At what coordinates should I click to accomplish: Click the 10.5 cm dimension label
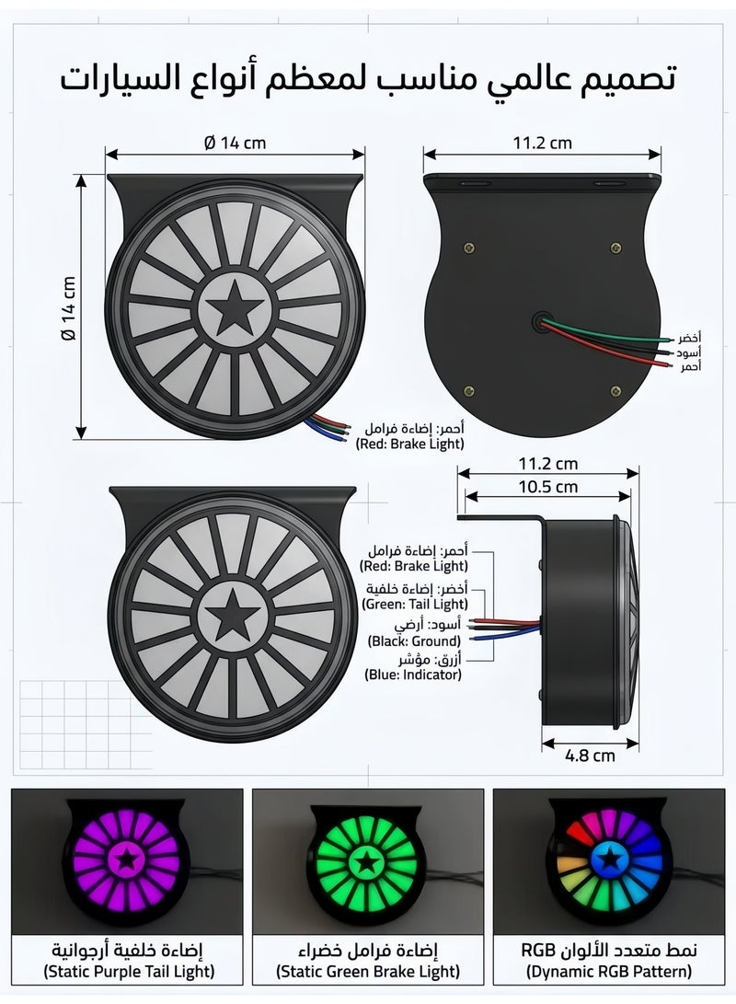[x=547, y=487]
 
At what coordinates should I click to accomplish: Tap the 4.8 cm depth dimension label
[x=590, y=756]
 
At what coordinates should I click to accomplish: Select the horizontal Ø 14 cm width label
[x=235, y=143]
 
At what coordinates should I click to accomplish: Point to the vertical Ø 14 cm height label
[x=68, y=308]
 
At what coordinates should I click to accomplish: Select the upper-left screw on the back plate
[x=469, y=248]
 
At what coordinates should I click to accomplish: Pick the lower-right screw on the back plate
[x=615, y=390]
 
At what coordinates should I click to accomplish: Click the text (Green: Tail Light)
[x=415, y=604]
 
